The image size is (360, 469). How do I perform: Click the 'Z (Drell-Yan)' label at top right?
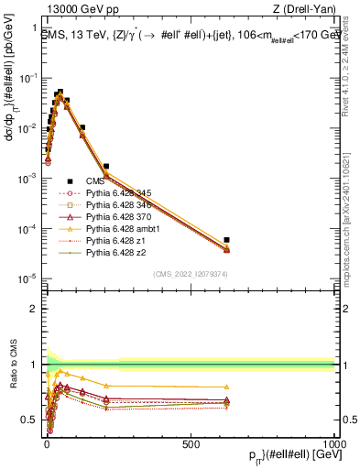(x=303, y=8)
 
